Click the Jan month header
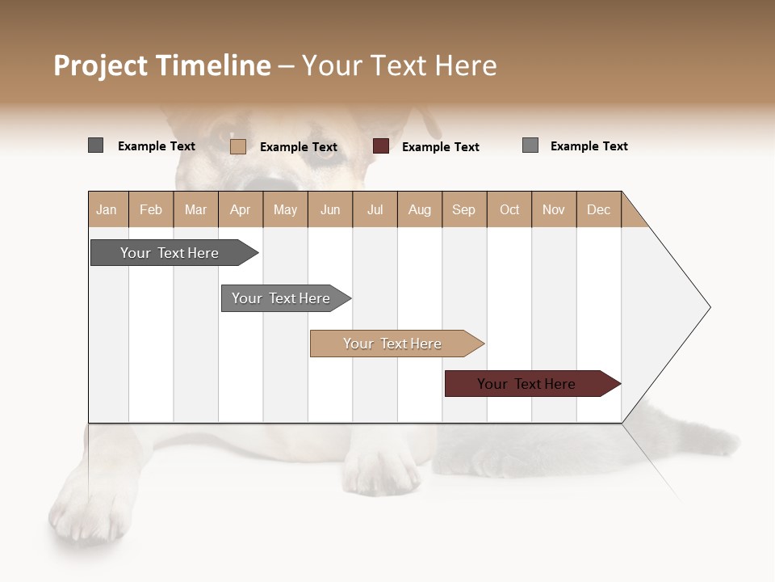pyautogui.click(x=107, y=209)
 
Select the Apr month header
pyautogui.click(x=240, y=209)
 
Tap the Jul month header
pyautogui.click(x=375, y=209)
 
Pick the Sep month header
pyautogui.click(x=463, y=209)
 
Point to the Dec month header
pyautogui.click(x=598, y=209)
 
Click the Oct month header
pyautogui.click(x=509, y=209)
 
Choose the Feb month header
pyautogui.click(x=151, y=209)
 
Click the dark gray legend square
pyautogui.click(x=95, y=145)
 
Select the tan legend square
pyautogui.click(x=237, y=146)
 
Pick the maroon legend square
pyautogui.click(x=381, y=146)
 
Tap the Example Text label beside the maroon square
pyautogui.click(x=440, y=147)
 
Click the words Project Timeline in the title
pyautogui.click(x=162, y=65)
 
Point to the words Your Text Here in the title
pyautogui.click(x=400, y=65)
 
